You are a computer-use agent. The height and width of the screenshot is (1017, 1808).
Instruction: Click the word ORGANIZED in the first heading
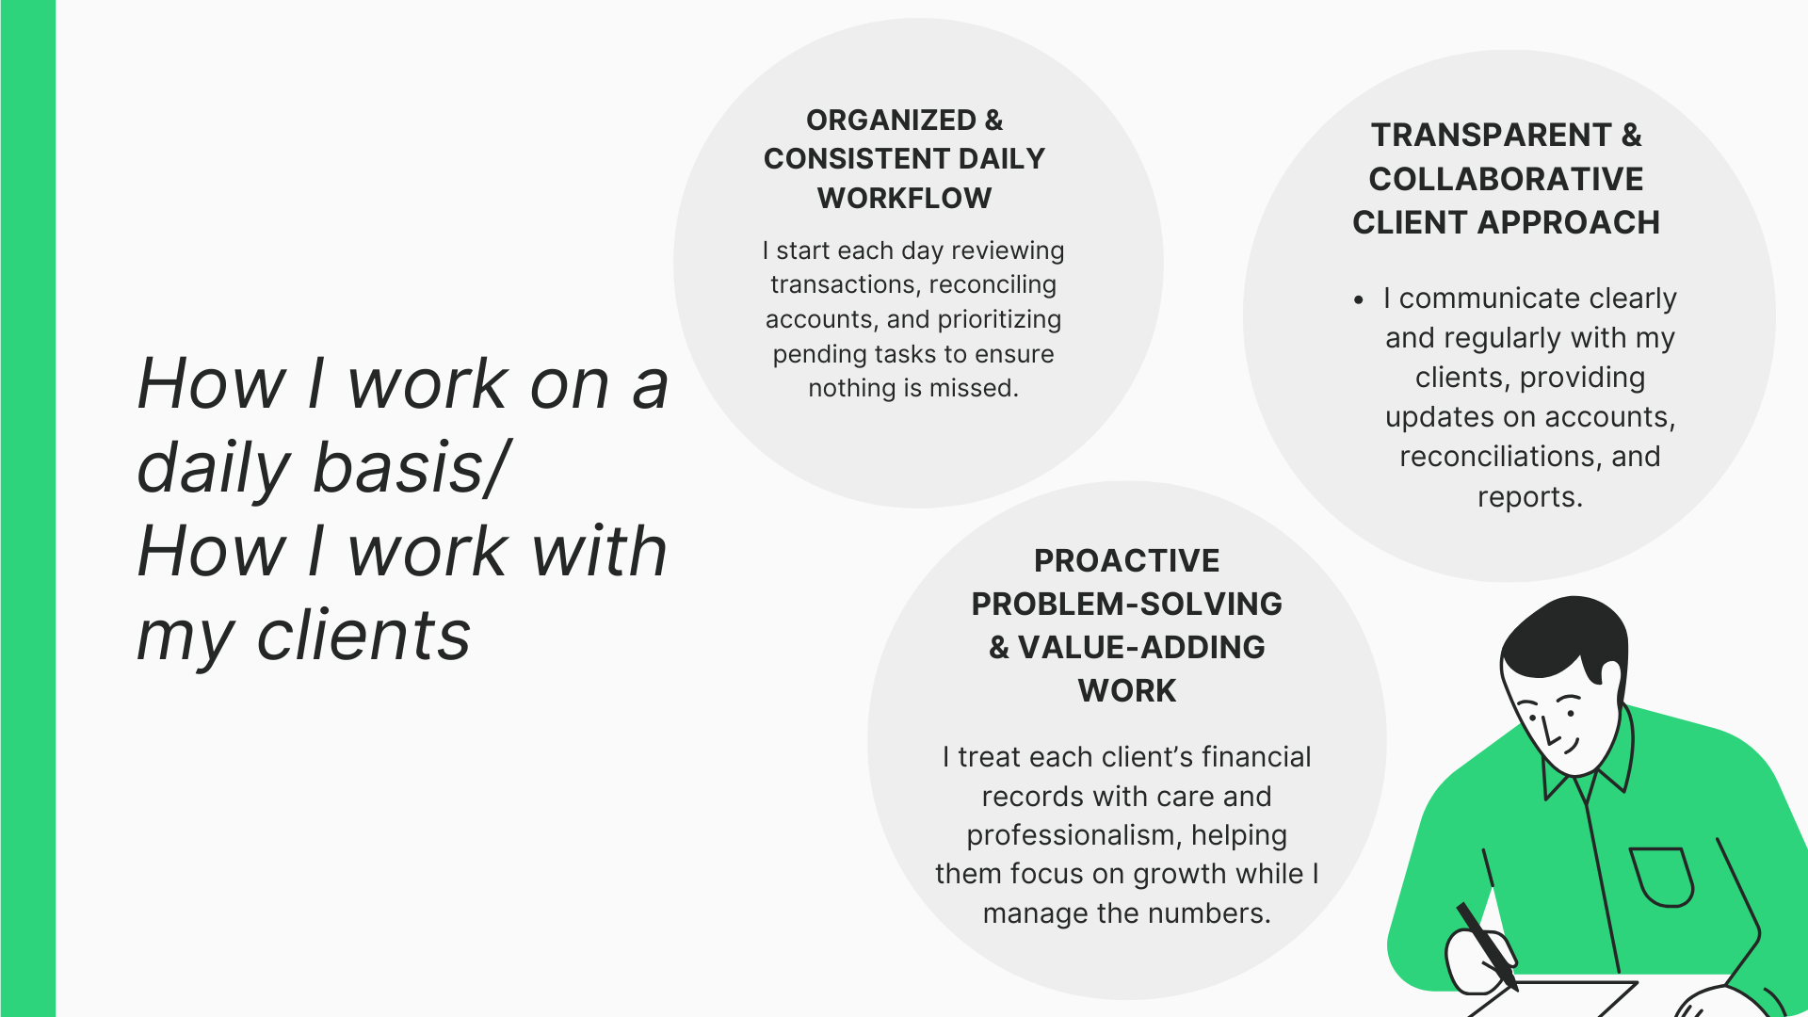tap(891, 121)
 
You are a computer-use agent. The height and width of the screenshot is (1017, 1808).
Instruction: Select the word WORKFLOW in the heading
tap(904, 199)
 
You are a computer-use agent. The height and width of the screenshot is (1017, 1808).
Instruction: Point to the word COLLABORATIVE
tap(1506, 179)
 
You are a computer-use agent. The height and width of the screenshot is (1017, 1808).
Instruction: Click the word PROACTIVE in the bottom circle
tap(1126, 561)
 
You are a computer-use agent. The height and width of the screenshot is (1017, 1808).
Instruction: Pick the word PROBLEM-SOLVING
tap(1126, 605)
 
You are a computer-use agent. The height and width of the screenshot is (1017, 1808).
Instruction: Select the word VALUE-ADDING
tap(1141, 648)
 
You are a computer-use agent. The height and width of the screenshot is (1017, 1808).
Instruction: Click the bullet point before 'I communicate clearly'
tap(1358, 300)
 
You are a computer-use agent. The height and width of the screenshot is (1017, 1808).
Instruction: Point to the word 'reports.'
tap(1529, 497)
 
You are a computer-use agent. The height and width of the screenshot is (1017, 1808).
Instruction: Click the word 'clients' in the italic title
tap(363, 636)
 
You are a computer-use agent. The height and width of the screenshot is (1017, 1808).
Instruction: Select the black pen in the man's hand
tap(1487, 945)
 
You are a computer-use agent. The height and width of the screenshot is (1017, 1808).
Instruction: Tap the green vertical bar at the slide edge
tap(28, 508)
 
